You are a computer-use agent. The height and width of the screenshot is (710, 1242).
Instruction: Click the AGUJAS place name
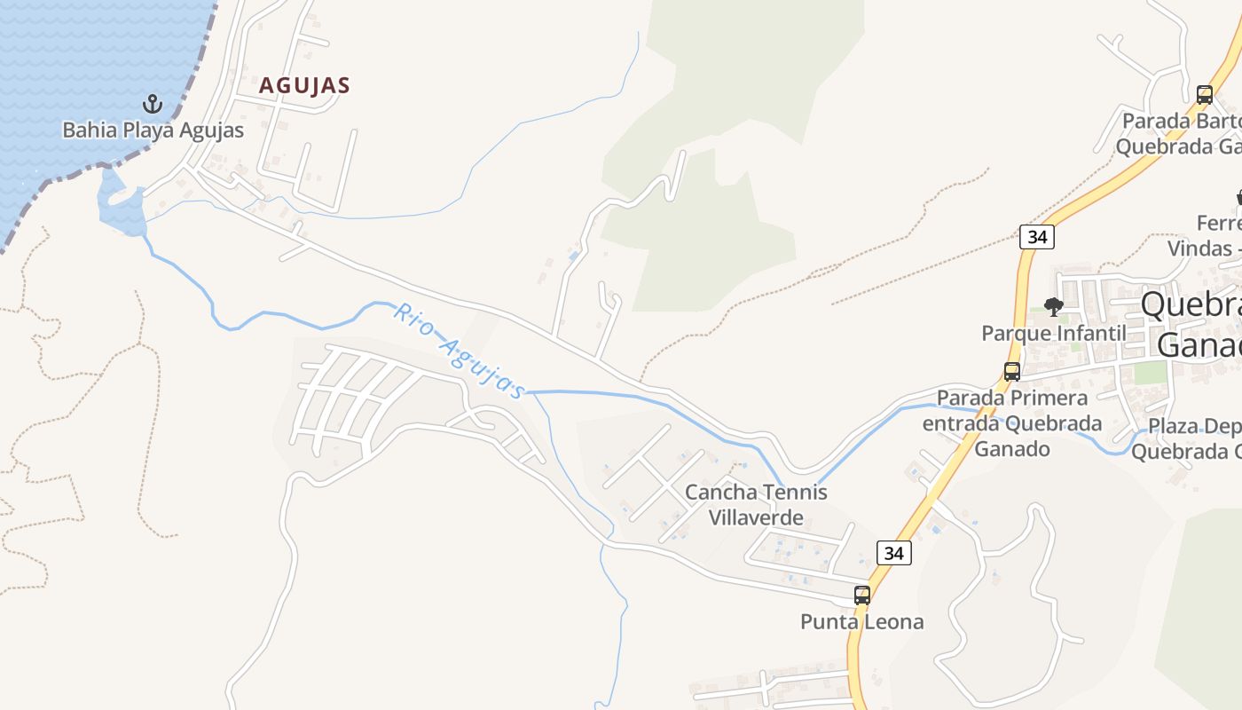click(x=304, y=86)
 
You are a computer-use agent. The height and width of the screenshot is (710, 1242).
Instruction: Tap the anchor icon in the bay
click(x=153, y=105)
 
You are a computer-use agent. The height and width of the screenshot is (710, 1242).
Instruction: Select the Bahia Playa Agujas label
click(x=153, y=130)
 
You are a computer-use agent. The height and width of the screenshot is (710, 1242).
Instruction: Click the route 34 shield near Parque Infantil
click(x=1036, y=237)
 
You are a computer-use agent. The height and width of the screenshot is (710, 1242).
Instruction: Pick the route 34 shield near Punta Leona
click(x=893, y=553)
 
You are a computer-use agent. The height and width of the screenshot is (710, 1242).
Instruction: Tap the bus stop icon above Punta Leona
click(x=861, y=596)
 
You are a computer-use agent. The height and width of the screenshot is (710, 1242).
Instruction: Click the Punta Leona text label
click(x=861, y=621)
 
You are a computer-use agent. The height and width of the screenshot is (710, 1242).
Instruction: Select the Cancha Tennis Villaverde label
click(x=756, y=504)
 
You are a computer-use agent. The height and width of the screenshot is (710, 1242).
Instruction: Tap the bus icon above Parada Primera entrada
click(x=1011, y=372)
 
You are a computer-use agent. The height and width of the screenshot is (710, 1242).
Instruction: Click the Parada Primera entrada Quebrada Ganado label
click(x=1012, y=422)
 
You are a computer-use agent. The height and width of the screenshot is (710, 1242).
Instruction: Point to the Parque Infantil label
click(x=1053, y=333)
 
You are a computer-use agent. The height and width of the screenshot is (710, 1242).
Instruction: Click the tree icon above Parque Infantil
click(x=1053, y=307)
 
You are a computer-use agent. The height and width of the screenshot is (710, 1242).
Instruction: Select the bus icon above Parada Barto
click(x=1204, y=95)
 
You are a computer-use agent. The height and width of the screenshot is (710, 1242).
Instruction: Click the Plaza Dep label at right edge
click(x=1189, y=438)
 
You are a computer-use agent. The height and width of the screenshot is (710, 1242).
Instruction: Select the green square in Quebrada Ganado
click(x=1150, y=373)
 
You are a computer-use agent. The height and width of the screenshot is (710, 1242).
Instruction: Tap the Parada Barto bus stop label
click(x=1180, y=133)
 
